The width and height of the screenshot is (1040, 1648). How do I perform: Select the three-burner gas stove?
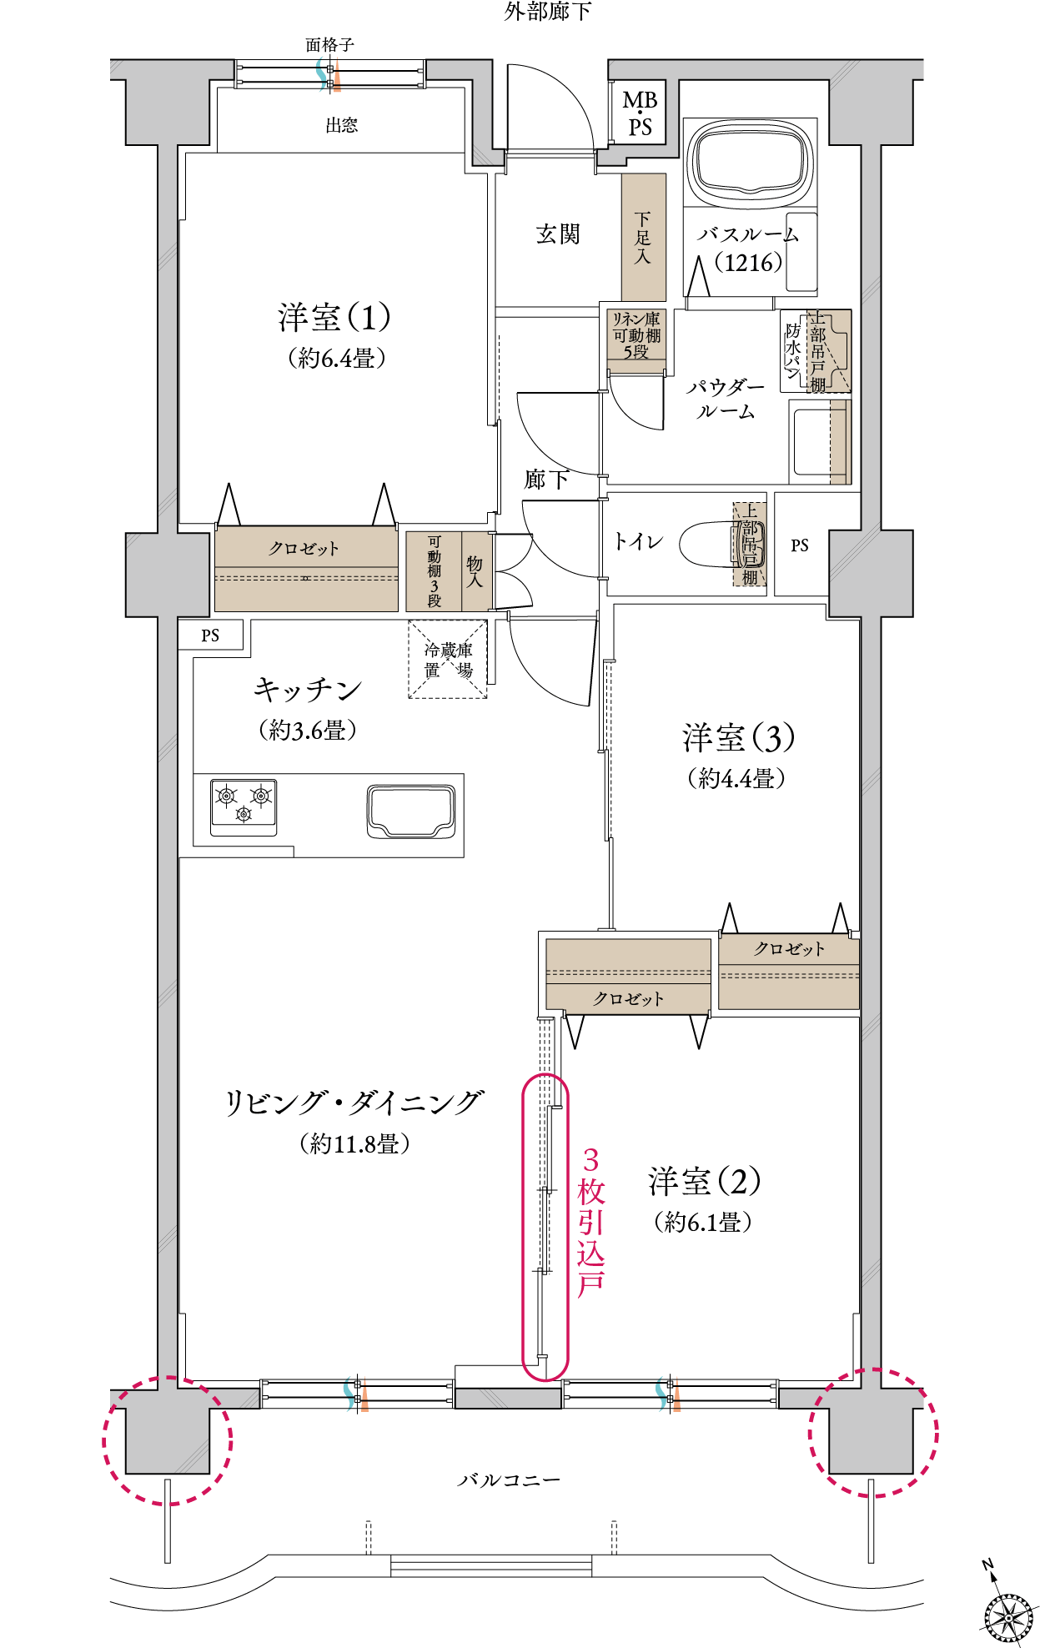pyautogui.click(x=244, y=806)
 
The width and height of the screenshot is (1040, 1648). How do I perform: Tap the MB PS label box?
pyautogui.click(x=640, y=113)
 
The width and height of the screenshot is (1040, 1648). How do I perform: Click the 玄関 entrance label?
pyautogui.click(x=557, y=234)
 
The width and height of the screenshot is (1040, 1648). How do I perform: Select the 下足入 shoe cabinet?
pyautogui.click(x=644, y=238)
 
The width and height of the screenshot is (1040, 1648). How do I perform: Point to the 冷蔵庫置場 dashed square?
pyautogui.click(x=448, y=659)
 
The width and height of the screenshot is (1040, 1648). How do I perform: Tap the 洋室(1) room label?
pyautogui.click(x=334, y=318)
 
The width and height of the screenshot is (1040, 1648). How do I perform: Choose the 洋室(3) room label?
pyautogui.click(x=738, y=738)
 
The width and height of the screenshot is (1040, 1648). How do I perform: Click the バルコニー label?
pyautogui.click(x=509, y=1480)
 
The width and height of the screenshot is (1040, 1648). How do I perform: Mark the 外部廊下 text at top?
pyautogui.click(x=547, y=11)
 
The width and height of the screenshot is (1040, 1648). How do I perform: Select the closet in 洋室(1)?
pyautogui.click(x=306, y=570)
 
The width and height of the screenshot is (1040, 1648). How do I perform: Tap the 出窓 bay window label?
pyautogui.click(x=342, y=125)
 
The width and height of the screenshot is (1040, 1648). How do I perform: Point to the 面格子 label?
pyautogui.click(x=329, y=45)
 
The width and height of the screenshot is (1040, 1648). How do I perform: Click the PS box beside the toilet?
pyautogui.click(x=801, y=545)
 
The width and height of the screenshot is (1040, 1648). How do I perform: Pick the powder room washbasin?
pyautogui.click(x=820, y=441)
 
